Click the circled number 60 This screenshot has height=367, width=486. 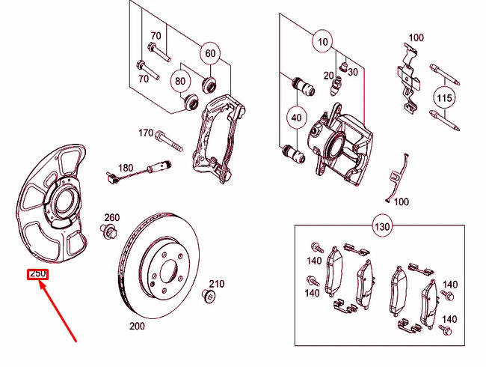click(x=210, y=53)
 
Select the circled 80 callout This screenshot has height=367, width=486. click(x=180, y=80)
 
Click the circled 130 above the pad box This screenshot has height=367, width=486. click(x=382, y=226)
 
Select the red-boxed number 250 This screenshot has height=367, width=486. click(x=37, y=274)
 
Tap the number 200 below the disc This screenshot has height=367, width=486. click(x=138, y=327)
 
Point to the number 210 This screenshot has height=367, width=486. click(x=217, y=284)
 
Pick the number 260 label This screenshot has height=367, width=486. click(x=111, y=217)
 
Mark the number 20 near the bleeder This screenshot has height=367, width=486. click(x=328, y=75)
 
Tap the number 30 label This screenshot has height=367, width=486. click(x=353, y=71)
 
